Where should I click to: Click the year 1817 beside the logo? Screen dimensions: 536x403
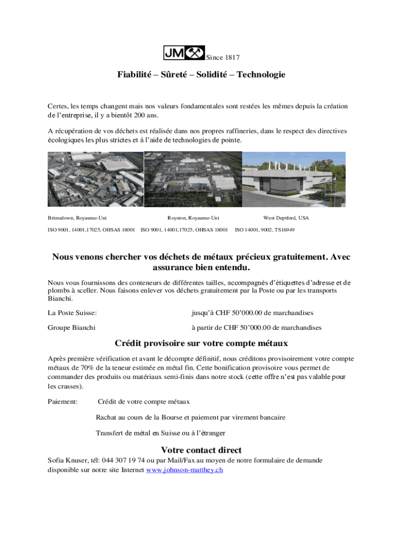(x=231, y=58)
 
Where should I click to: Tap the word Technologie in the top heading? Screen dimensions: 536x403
(x=261, y=75)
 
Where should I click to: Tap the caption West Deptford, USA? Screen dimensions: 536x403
(x=286, y=218)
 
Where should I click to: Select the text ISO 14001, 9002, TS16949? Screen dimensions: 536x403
(x=265, y=230)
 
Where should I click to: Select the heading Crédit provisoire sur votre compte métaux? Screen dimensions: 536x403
(x=201, y=343)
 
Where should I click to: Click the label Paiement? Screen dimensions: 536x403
(x=62, y=401)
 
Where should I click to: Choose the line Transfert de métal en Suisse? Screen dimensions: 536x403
(x=160, y=433)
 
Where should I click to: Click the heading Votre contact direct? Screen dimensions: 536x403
(x=201, y=450)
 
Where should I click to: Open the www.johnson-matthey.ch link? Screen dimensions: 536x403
(x=184, y=470)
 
